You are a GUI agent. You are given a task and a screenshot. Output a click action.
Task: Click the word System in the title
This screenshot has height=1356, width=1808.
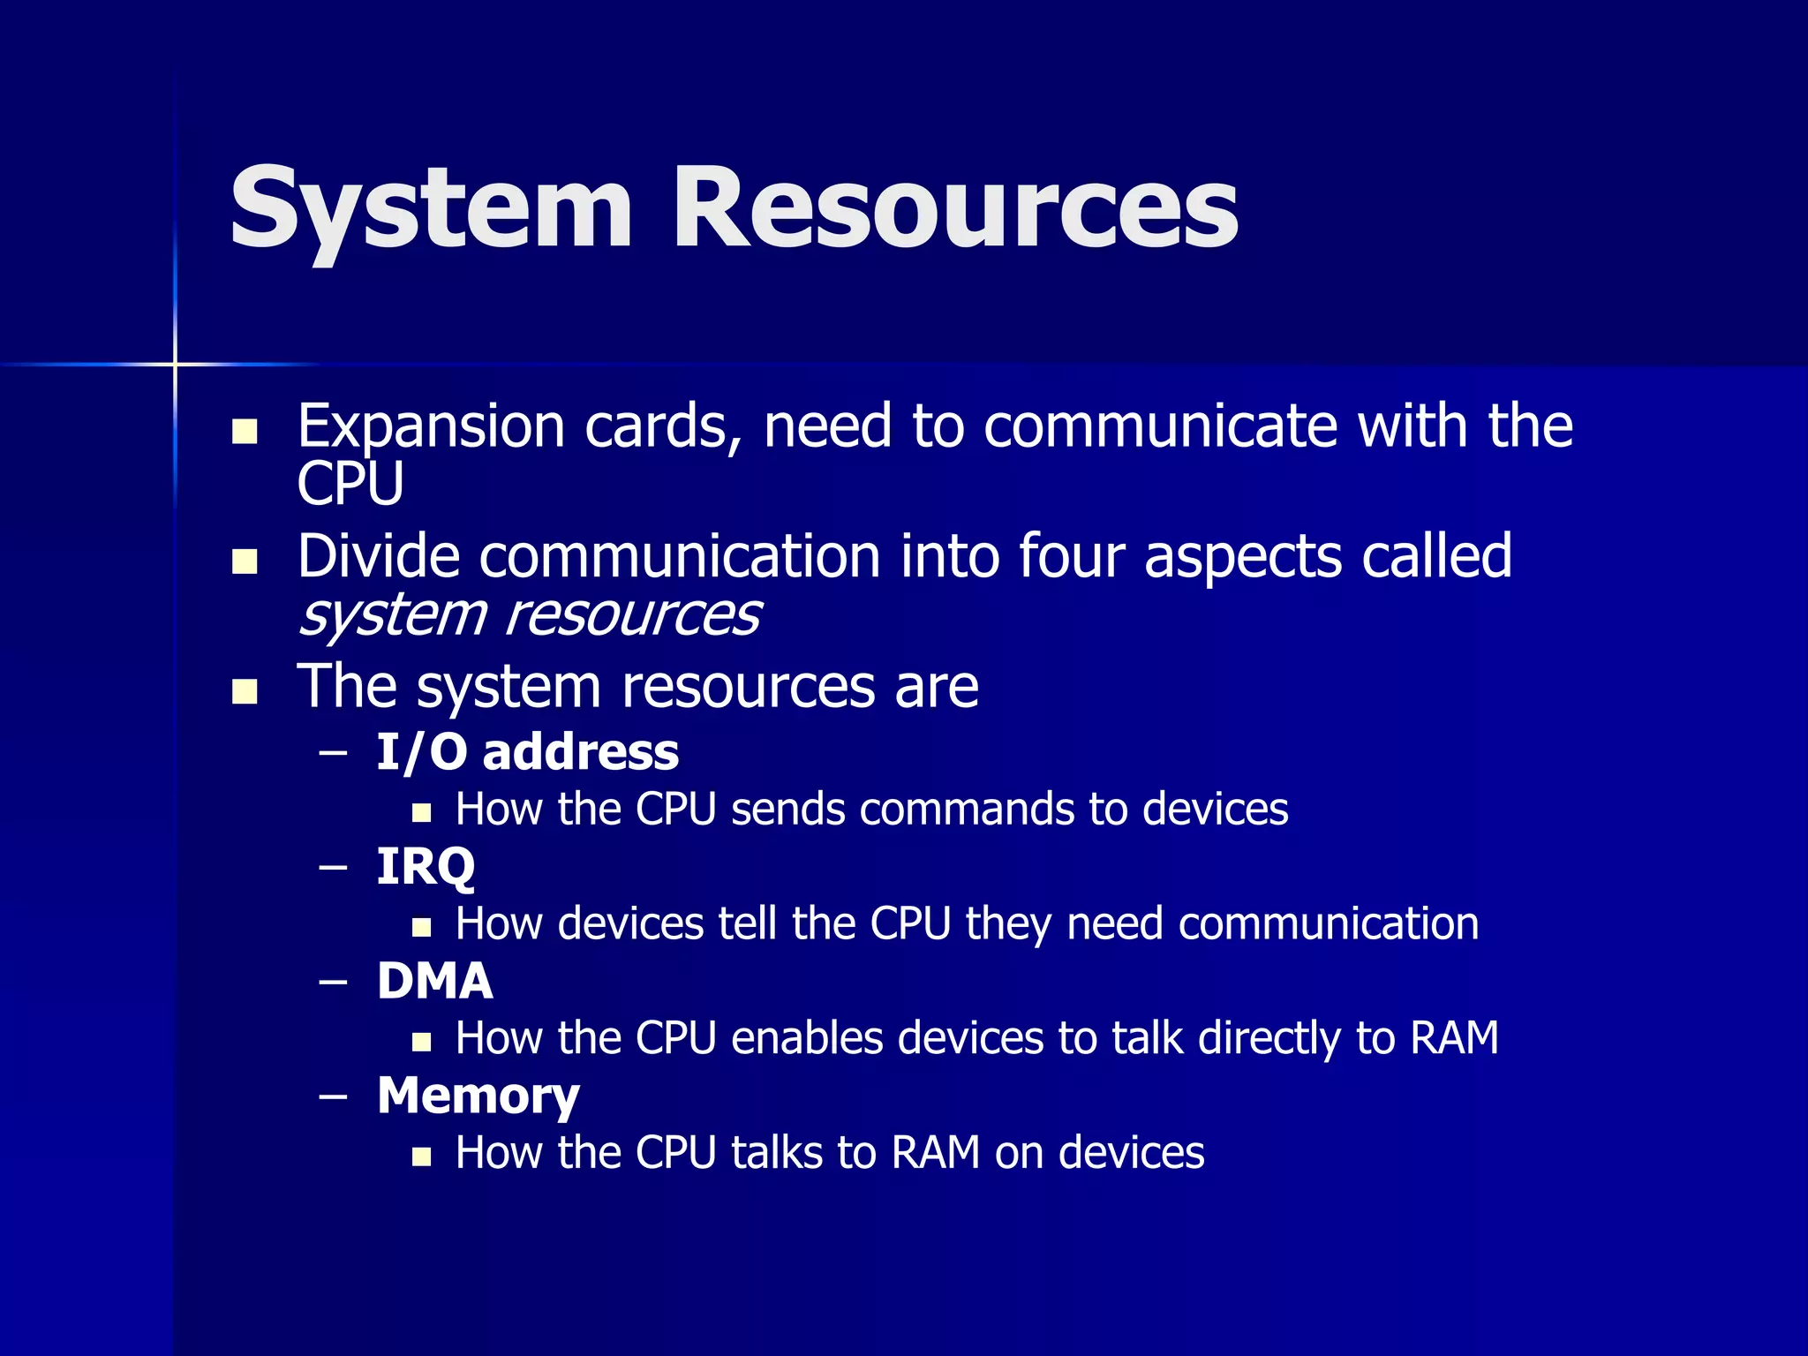431,209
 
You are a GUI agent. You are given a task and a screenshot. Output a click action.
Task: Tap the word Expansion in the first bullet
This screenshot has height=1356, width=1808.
430,427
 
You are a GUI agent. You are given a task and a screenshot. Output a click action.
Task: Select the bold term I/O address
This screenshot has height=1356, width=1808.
527,752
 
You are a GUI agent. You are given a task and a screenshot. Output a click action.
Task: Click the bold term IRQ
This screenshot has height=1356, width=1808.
426,867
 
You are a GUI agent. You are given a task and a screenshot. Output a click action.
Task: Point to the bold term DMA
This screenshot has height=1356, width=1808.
434,981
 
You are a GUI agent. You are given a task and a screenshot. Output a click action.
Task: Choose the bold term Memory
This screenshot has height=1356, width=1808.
478,1096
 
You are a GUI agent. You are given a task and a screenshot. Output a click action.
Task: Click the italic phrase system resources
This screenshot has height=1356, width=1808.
528,614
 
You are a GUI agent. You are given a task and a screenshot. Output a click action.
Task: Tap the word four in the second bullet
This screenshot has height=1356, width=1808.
1071,557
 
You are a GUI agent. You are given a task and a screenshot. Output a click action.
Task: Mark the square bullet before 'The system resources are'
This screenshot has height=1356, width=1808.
244,691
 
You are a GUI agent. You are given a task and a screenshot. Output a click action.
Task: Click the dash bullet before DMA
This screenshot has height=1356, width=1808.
333,982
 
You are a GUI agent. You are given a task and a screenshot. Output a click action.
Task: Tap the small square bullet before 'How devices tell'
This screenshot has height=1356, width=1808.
421,927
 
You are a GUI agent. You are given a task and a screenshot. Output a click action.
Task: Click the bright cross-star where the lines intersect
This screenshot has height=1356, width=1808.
175,364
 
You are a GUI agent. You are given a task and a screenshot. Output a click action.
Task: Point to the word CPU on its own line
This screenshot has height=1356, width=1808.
350,484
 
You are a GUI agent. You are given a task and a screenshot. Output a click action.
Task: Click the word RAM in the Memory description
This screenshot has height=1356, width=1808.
935,1153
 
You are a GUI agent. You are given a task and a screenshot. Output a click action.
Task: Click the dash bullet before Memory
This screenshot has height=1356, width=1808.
333,1096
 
